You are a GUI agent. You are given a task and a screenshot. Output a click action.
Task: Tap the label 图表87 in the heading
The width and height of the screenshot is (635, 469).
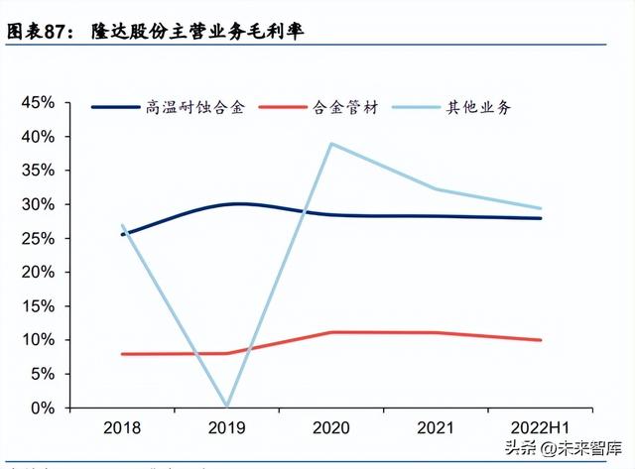40,32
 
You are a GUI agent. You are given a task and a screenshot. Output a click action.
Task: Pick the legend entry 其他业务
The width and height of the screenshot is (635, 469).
480,107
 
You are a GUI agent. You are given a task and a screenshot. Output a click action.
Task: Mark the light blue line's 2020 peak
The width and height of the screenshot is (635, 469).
330,144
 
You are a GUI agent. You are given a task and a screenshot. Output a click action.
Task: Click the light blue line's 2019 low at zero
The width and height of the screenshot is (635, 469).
226,406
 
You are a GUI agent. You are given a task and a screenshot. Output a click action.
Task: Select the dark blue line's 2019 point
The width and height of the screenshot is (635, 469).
226,204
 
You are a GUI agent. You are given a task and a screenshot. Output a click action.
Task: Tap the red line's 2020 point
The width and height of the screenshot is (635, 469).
330,332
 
